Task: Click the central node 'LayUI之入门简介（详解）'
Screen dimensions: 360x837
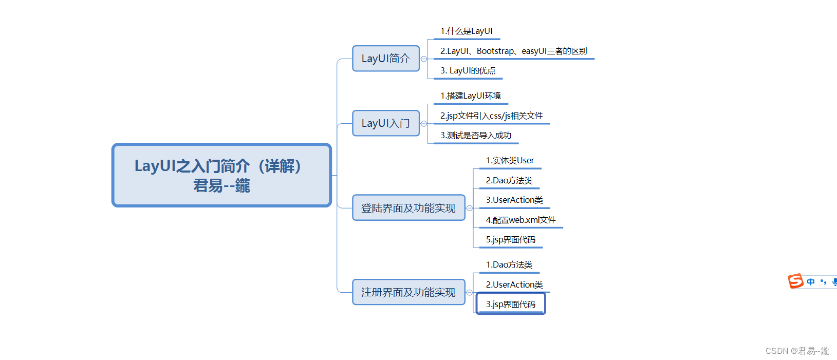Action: coord(221,175)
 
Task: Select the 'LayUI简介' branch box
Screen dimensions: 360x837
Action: coord(386,59)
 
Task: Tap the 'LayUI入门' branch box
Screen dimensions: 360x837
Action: coord(386,123)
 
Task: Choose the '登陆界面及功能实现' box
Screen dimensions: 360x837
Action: coord(408,208)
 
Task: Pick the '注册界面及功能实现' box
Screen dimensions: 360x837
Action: coord(408,292)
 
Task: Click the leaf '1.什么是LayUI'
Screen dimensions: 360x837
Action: coord(467,31)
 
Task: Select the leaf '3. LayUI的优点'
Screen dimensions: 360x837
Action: coord(468,71)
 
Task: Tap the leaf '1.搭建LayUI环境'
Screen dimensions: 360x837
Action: coord(471,96)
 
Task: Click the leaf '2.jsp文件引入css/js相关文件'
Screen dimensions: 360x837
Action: coord(492,116)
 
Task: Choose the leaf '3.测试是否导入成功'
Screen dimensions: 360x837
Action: coord(476,136)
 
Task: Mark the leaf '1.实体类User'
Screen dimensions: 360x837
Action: coord(510,161)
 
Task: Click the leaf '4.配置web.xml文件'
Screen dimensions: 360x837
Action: coord(521,220)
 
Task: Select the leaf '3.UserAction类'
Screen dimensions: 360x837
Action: coord(514,200)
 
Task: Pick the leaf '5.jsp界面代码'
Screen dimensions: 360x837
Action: coord(511,240)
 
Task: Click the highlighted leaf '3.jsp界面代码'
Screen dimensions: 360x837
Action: coord(511,304)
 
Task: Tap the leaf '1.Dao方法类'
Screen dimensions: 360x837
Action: coord(509,265)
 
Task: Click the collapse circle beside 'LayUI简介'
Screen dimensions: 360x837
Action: coord(424,59)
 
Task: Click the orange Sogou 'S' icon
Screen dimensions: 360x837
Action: coord(795,281)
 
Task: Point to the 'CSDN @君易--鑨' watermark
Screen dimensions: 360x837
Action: coord(797,351)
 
